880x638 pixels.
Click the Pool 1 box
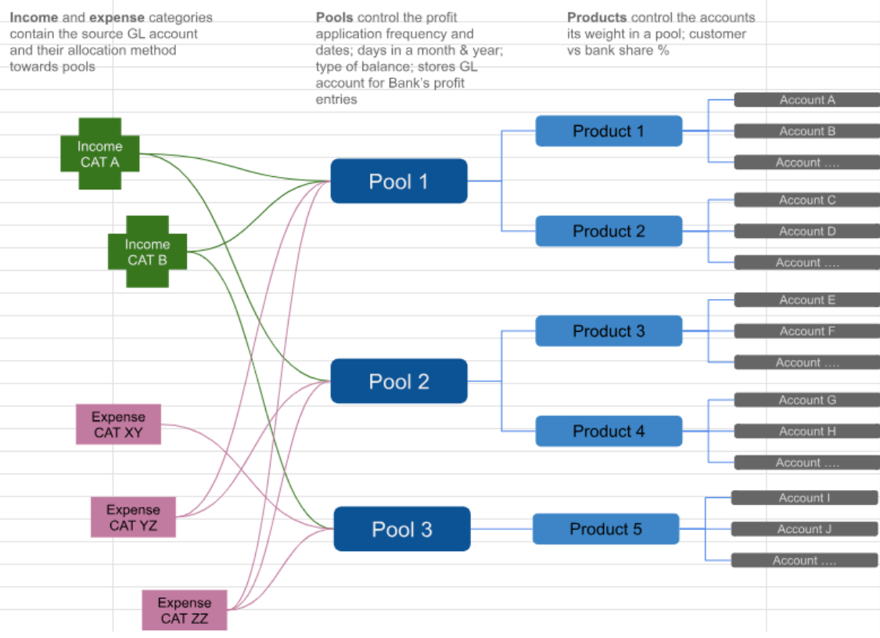click(399, 182)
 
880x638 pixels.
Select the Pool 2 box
click(399, 381)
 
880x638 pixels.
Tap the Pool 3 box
click(402, 529)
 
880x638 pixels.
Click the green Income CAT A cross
click(100, 154)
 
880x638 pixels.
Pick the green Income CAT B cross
click(147, 252)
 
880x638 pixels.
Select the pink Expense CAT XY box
click(118, 424)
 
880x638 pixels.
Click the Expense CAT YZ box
click(133, 517)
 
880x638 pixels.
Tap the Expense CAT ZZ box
click(185, 611)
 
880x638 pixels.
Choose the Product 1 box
click(609, 131)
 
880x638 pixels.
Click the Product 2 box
click(609, 231)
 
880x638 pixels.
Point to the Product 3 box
click(609, 331)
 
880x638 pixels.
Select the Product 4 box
click(609, 431)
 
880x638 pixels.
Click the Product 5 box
click(605, 529)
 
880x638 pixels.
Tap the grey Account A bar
click(806, 99)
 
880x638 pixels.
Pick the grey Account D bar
click(806, 231)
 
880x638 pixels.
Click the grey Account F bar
click(806, 331)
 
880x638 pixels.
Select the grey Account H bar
click(806, 431)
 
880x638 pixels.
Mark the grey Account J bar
click(804, 529)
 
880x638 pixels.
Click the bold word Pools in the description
click(334, 17)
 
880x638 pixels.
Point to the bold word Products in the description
click(597, 17)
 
